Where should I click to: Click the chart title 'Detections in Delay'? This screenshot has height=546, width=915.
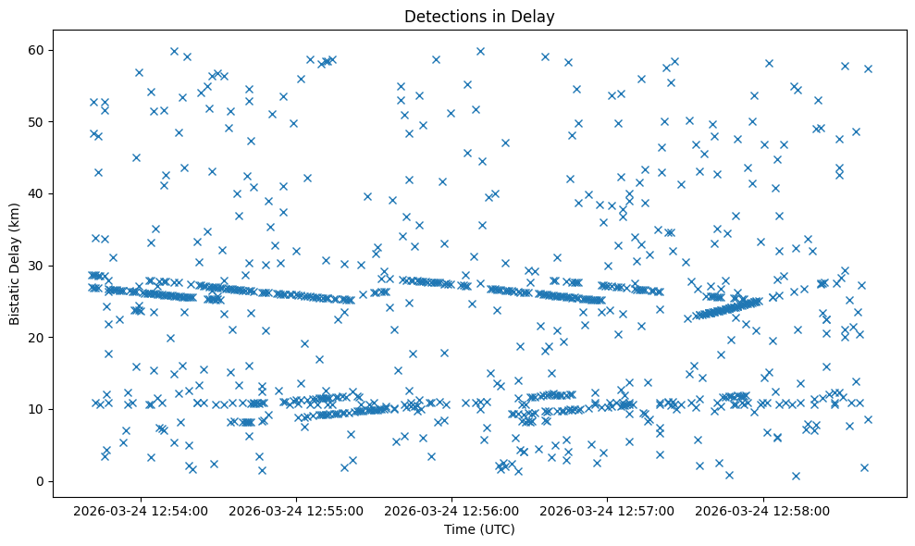(479, 16)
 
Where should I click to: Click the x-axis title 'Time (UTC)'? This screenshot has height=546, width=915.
(479, 529)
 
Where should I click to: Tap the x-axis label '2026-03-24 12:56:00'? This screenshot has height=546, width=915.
(453, 510)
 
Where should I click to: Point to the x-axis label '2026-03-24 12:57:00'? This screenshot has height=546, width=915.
(608, 510)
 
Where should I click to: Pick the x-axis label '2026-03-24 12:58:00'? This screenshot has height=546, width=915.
(763, 510)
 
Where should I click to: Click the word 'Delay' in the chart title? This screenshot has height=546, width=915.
(536, 16)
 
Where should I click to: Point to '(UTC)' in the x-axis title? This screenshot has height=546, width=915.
(496, 529)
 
